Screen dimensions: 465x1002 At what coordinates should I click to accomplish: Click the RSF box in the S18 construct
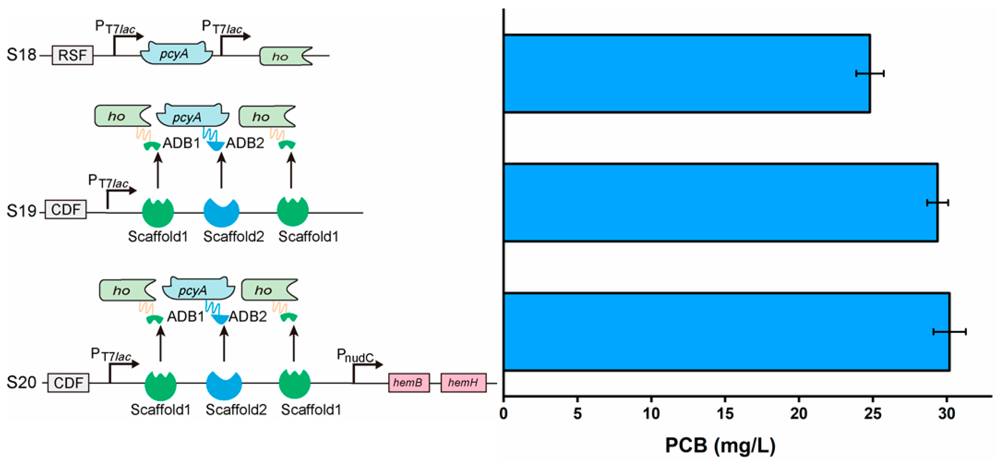[72, 55]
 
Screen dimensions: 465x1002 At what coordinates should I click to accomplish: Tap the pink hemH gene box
[463, 383]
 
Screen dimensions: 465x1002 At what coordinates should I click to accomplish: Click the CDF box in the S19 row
[65, 210]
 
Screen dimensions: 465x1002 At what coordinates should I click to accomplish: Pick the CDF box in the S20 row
[68, 383]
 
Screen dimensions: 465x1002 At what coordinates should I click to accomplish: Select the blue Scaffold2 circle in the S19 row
[221, 212]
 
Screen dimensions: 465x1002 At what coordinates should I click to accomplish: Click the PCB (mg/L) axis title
[720, 445]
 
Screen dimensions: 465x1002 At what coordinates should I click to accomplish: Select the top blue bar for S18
[687, 74]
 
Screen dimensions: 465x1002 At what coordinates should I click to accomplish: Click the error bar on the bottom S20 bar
[949, 332]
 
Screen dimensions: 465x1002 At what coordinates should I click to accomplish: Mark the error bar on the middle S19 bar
[937, 203]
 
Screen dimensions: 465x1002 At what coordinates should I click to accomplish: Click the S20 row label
[21, 383]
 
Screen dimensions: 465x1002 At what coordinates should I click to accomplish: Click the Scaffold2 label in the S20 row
[236, 410]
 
